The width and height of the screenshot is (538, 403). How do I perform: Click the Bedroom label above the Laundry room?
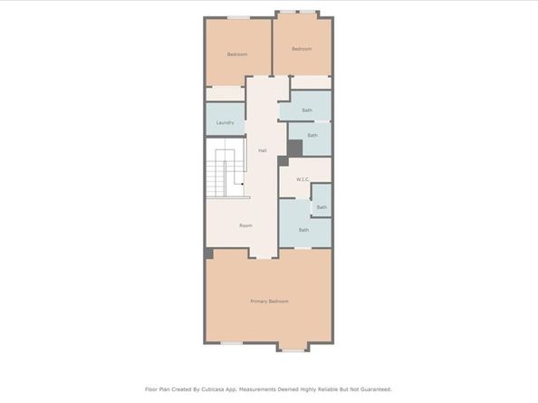[x=237, y=54]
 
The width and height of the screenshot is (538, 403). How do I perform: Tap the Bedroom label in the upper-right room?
[x=302, y=48]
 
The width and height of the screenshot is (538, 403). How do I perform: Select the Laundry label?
[x=226, y=122]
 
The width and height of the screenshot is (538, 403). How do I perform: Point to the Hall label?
[x=263, y=150]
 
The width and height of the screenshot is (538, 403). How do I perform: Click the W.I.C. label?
[x=303, y=179]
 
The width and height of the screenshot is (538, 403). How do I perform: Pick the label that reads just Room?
[x=245, y=225]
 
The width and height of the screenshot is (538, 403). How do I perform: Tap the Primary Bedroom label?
[x=269, y=301]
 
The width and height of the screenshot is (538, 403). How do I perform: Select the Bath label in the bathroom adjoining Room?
[x=303, y=230]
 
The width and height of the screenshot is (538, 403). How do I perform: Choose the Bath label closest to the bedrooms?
[x=307, y=110]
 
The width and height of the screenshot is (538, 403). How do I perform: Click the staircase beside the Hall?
[x=226, y=170]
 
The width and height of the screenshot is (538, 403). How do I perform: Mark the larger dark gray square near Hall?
[x=294, y=148]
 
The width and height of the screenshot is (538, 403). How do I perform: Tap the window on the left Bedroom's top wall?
[x=238, y=16]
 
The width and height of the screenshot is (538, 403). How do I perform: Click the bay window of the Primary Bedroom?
[x=293, y=348]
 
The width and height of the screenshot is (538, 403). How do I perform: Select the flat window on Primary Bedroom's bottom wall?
[x=232, y=342]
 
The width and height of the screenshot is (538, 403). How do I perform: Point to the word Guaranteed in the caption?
[x=374, y=389]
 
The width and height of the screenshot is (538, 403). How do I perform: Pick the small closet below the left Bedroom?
[x=225, y=93]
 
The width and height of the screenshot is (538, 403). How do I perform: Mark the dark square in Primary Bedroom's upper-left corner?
[x=208, y=253]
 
